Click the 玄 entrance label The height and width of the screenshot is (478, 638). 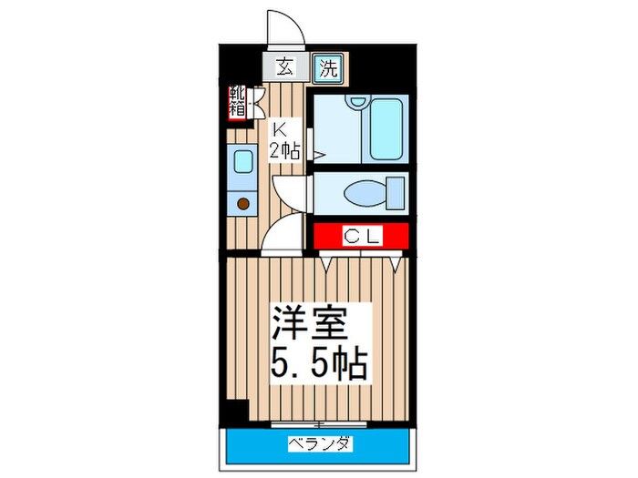pyautogui.click(x=284, y=66)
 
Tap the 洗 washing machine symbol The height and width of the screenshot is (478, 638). pyautogui.click(x=328, y=66)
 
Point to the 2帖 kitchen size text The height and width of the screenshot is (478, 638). pyautogui.click(x=283, y=150)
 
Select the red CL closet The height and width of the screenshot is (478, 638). pyautogui.click(x=361, y=236)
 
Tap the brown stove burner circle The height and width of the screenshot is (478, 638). pyautogui.click(x=243, y=205)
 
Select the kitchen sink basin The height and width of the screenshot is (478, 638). pyautogui.click(x=243, y=163)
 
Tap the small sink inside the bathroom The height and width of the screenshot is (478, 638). pyautogui.click(x=357, y=102)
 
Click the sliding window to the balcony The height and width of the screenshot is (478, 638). pyautogui.click(x=318, y=424)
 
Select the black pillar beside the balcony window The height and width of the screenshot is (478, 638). pyautogui.click(x=236, y=412)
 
